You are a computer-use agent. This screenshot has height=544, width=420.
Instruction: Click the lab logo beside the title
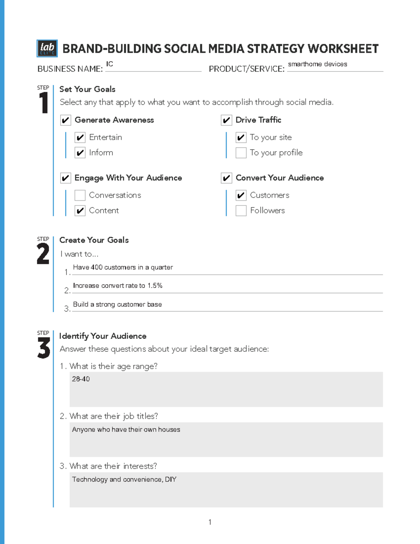[x=47, y=48]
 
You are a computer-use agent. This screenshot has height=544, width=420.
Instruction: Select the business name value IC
[x=110, y=64]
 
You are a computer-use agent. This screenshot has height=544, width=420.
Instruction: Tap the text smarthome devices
[x=317, y=64]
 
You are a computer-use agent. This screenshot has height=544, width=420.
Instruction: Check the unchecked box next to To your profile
[x=241, y=153]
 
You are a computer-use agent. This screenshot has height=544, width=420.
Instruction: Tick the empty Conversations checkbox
[x=80, y=195]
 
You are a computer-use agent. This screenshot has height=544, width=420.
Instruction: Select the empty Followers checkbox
[x=241, y=211]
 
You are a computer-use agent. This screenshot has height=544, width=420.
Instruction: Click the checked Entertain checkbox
[x=80, y=137]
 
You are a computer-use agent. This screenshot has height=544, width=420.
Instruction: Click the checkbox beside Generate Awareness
[x=65, y=120]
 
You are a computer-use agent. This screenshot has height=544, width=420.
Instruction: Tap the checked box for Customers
[x=241, y=195]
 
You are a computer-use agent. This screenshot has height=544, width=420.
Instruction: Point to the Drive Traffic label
[x=258, y=120]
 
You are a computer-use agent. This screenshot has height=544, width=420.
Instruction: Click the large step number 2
[x=43, y=254]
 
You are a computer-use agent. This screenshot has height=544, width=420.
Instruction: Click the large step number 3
[x=44, y=349]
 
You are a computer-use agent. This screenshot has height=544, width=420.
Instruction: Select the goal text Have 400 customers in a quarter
[x=123, y=267]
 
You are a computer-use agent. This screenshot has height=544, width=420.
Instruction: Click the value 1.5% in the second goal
[x=155, y=285]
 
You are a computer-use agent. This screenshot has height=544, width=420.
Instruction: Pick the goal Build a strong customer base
[x=117, y=304]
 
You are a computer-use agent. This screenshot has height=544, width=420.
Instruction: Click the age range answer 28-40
[x=81, y=379]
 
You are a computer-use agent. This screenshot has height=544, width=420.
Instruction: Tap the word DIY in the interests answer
[x=171, y=479]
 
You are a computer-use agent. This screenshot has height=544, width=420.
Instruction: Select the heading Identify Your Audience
[x=103, y=336]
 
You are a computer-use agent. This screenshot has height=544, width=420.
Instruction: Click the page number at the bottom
[x=210, y=522]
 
